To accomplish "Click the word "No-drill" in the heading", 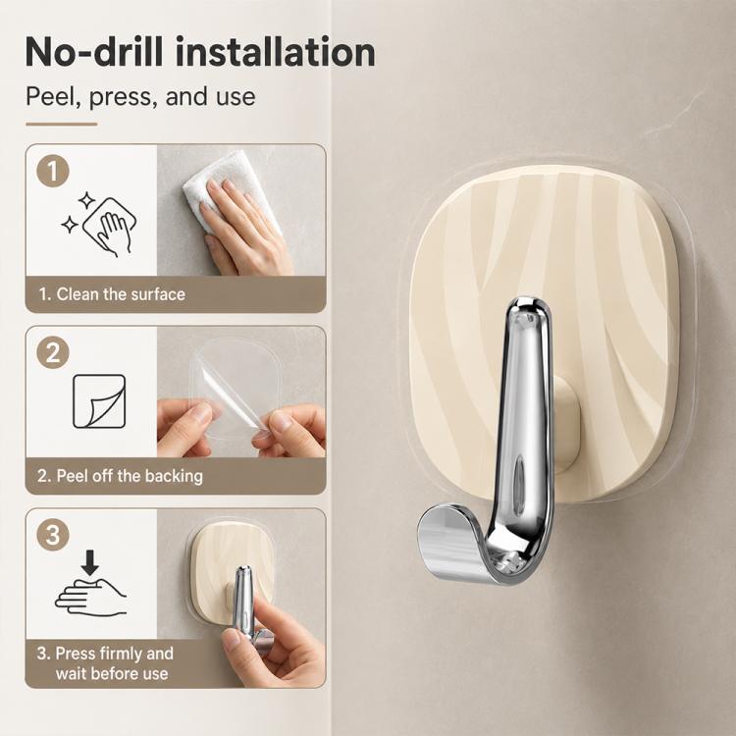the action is click(94, 51).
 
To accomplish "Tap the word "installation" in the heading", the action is click(276, 51).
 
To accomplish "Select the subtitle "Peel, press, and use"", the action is click(140, 96).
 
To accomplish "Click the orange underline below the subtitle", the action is click(62, 124).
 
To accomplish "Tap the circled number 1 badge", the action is click(53, 171).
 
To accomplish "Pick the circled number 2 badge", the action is click(53, 352).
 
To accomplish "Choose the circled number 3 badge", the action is click(53, 534).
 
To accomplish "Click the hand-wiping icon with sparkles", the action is click(99, 225).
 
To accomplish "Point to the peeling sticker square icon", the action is click(99, 401).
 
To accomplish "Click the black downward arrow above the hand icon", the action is click(89, 563).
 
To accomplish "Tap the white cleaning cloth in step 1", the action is click(230, 187).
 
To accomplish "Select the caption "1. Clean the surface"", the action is click(112, 294).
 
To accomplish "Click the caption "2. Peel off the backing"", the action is click(120, 476).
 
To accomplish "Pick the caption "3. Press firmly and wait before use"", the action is click(106, 663).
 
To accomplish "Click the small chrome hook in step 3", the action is click(247, 605).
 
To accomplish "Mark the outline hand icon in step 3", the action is click(90, 596).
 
